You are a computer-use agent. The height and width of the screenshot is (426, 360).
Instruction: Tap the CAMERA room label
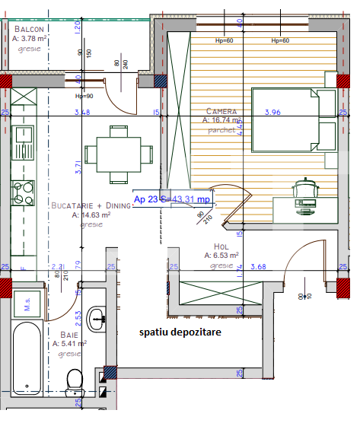tap(221, 110)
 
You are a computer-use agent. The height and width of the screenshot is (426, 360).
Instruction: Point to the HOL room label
tap(221, 246)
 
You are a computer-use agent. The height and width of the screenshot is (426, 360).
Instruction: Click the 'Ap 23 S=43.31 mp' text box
tap(171, 199)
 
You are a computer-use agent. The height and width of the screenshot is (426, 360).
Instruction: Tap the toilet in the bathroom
tap(75, 379)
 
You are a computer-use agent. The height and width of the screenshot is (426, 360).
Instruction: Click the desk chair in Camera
tap(305, 188)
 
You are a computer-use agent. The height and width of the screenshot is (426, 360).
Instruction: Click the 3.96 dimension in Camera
tap(272, 113)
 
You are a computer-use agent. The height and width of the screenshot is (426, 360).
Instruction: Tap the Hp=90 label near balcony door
tap(83, 96)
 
